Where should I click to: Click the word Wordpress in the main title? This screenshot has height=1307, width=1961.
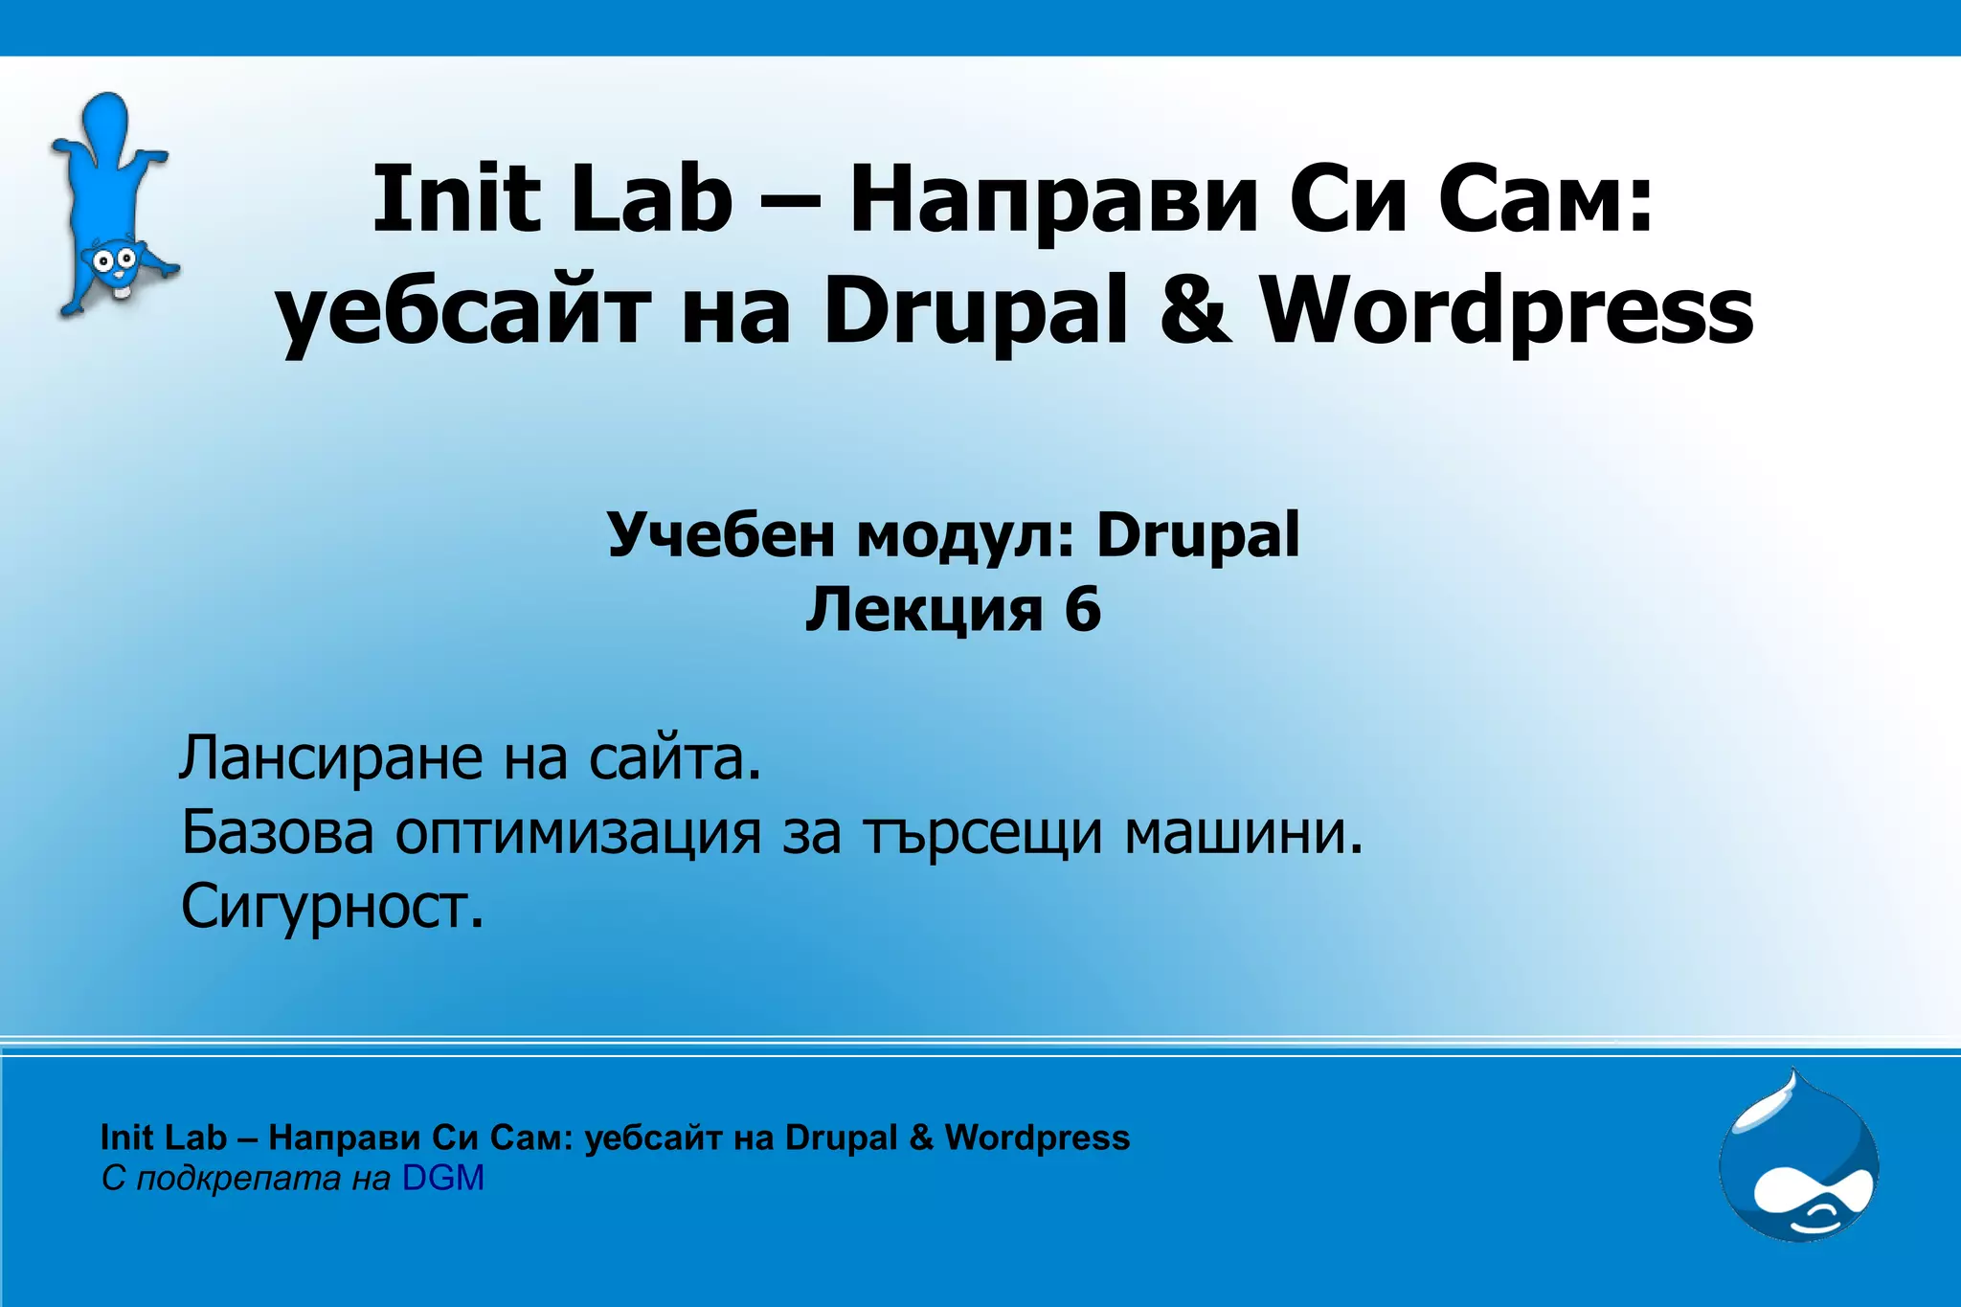(1506, 311)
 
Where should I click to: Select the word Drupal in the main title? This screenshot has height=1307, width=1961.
(976, 311)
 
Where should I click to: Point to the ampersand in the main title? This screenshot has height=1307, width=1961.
(1195, 311)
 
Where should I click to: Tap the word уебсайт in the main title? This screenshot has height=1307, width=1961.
(464, 311)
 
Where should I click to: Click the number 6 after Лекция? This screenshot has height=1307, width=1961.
(1082, 609)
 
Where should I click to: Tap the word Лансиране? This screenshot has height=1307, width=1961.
(330, 758)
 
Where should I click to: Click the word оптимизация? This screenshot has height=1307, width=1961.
(578, 833)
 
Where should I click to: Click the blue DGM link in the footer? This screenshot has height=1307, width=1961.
(443, 1178)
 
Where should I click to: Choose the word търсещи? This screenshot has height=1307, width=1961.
(982, 833)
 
